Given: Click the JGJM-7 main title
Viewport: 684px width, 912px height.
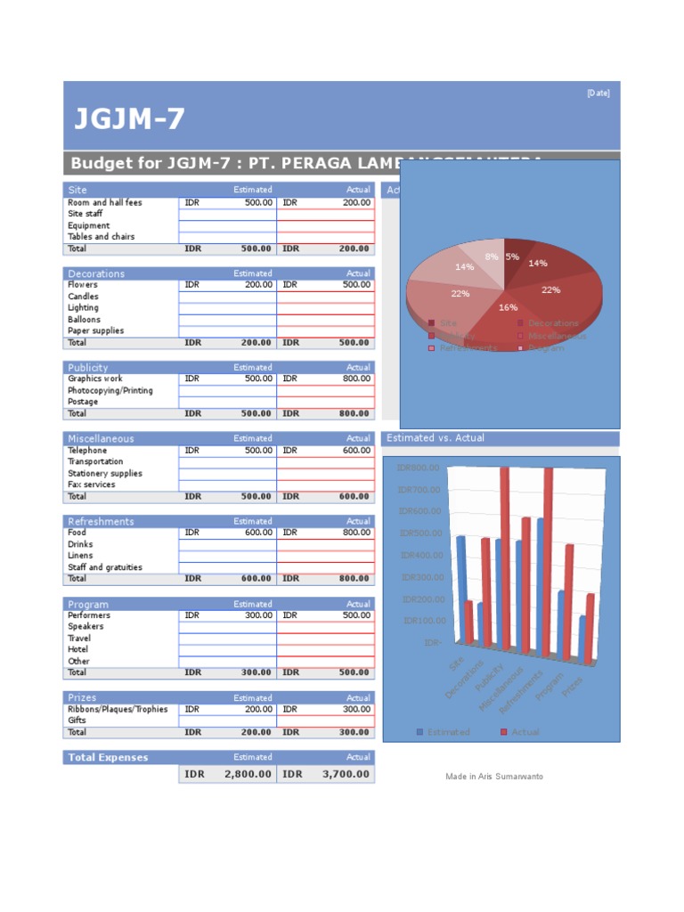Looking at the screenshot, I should coord(129,119).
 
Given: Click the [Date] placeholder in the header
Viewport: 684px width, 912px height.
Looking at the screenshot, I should coord(598,94).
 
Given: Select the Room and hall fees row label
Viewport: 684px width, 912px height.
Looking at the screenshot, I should coord(104,203).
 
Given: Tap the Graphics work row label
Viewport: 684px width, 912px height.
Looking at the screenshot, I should coord(95,379).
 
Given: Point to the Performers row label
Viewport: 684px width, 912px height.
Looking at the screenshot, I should coord(89,615).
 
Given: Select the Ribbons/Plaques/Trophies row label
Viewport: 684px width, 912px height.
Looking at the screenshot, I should coord(118,710).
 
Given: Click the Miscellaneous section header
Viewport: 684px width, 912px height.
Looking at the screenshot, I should coord(101,438).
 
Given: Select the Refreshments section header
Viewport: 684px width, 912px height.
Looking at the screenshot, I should coord(101,521).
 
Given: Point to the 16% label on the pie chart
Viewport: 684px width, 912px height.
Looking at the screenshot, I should coord(508,307).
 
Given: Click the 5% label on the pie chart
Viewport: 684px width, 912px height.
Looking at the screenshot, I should coord(512,257).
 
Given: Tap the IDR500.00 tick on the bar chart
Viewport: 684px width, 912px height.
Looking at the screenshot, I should coord(419,533).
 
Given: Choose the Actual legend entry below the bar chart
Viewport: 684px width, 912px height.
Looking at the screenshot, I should coord(525,732).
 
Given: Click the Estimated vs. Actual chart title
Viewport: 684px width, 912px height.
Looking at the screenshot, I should coord(436,438).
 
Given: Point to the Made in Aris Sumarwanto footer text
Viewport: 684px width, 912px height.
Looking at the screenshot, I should coord(494,777).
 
